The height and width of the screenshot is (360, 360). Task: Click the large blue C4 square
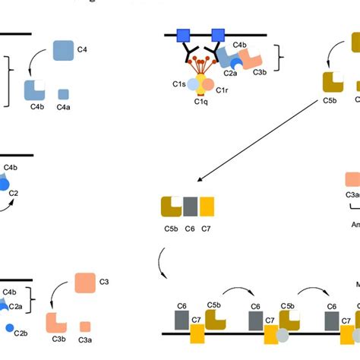click(x=63, y=51)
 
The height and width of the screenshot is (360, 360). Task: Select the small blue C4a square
click(x=64, y=94)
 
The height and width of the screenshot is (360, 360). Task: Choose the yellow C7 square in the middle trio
click(x=207, y=207)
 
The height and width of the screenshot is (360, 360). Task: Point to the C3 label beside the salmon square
click(x=104, y=283)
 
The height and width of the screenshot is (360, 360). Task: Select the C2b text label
click(x=21, y=333)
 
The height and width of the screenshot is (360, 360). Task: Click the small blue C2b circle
click(x=9, y=329)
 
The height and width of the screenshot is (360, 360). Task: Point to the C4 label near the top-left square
click(x=82, y=50)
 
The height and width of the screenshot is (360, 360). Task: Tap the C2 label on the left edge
click(x=13, y=193)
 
